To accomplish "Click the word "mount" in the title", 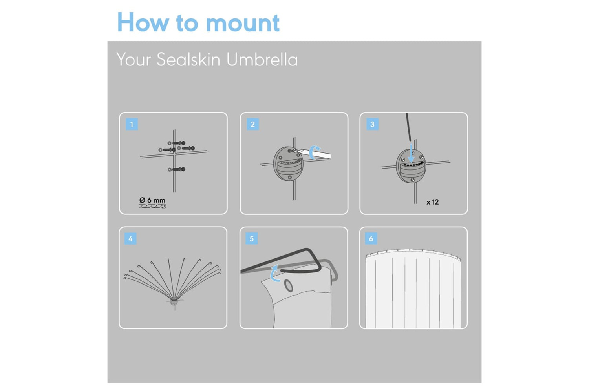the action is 243,23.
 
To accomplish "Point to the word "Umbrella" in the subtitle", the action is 262,59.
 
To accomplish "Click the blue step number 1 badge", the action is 132,124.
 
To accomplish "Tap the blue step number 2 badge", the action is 253,124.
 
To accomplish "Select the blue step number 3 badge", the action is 372,124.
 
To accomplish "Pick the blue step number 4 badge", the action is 130,239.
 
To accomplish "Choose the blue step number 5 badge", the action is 251,239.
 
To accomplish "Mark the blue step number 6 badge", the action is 371,239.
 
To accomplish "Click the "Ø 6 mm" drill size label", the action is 152,200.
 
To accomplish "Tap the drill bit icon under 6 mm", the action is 152,206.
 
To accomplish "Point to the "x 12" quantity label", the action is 433,202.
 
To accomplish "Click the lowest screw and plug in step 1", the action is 177,169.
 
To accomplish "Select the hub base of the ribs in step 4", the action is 174,302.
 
